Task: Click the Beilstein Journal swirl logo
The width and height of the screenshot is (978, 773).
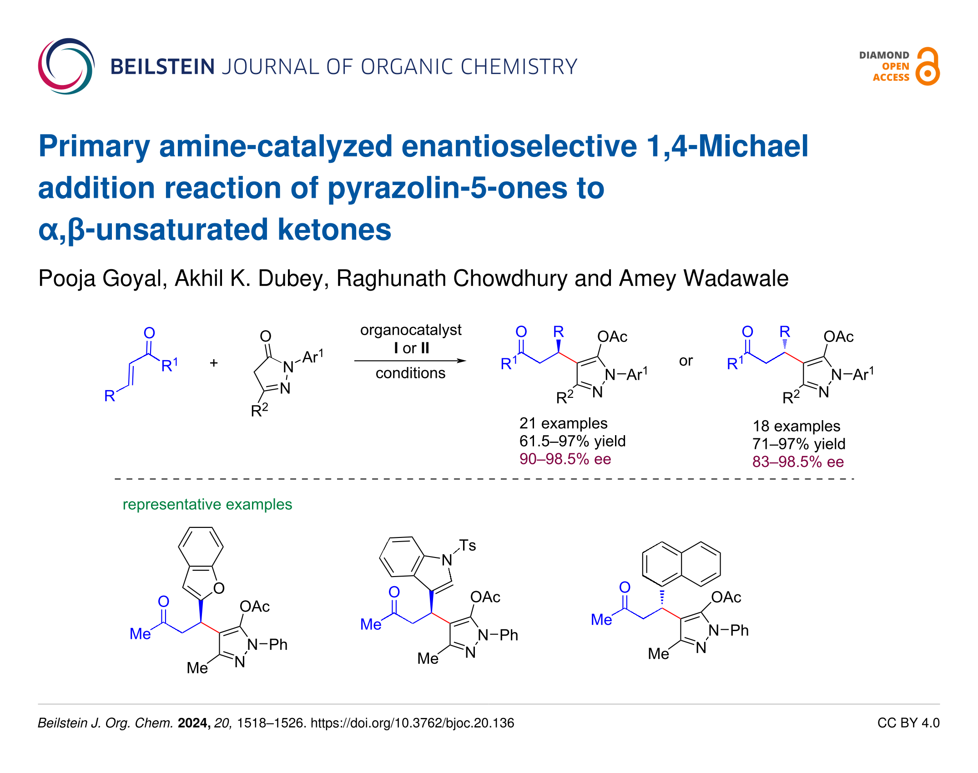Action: (x=66, y=66)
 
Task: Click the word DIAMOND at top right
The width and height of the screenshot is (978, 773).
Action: (x=884, y=55)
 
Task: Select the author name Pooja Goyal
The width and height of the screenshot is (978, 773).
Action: (x=101, y=278)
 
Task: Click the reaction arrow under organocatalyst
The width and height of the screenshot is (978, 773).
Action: (x=410, y=361)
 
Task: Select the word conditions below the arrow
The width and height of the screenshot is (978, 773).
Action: (x=410, y=373)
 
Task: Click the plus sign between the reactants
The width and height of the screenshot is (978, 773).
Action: (x=214, y=363)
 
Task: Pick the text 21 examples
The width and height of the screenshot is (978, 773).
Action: (x=563, y=423)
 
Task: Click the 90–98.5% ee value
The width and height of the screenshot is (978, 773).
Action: (x=565, y=459)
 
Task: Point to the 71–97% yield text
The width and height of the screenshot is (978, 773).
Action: (x=799, y=444)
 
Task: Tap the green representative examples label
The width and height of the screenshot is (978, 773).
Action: (x=207, y=504)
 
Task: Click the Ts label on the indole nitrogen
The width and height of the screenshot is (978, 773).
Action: (x=467, y=545)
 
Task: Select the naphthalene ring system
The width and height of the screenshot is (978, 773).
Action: (x=681, y=564)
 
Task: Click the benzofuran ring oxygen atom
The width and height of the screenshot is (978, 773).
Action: (x=219, y=588)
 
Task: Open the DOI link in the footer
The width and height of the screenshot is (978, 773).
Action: (x=412, y=723)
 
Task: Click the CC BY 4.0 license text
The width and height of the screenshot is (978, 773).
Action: (x=908, y=723)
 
